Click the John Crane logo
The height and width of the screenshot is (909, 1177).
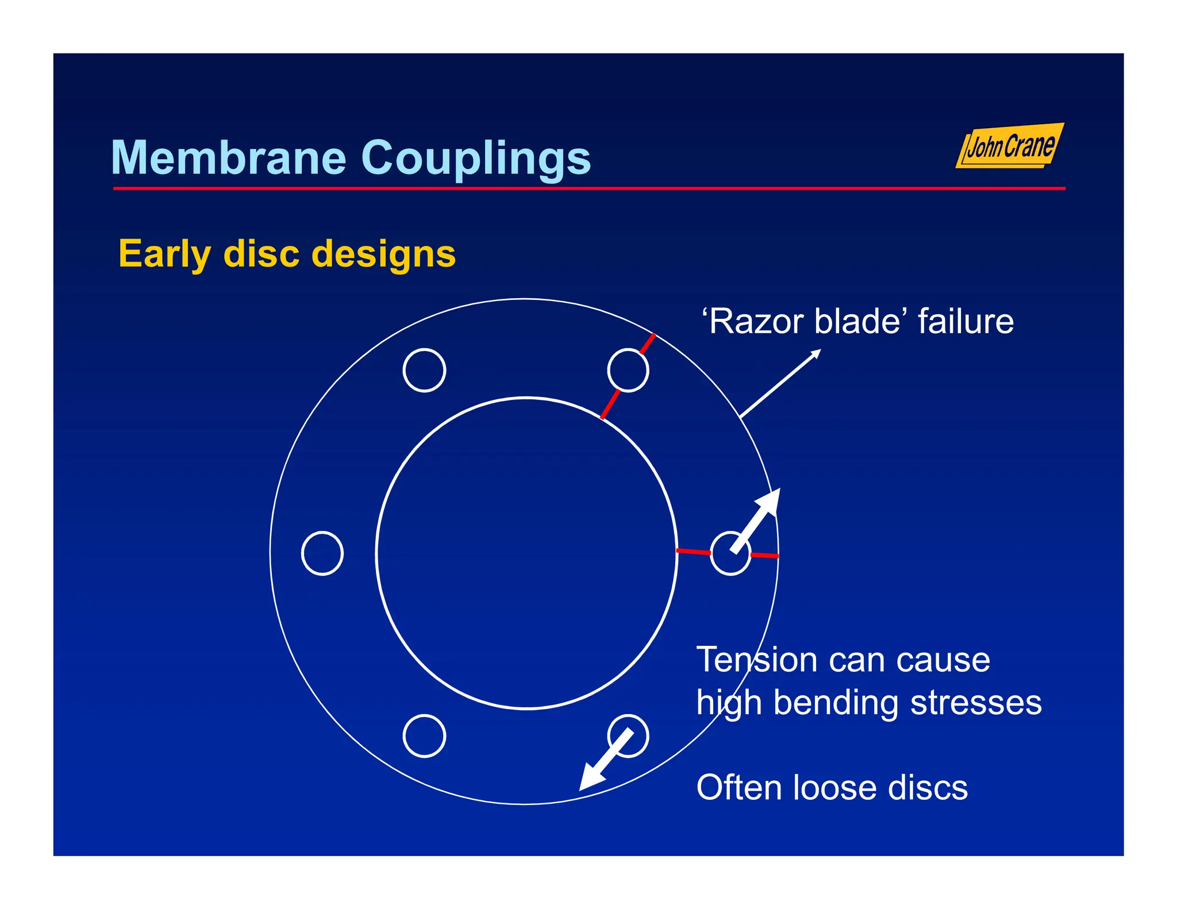coord(1010,146)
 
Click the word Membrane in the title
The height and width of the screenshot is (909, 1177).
coord(228,158)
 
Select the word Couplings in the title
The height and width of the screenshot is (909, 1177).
coord(475,159)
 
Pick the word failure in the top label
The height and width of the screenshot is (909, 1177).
coord(966,321)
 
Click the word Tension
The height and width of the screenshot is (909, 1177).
coord(756,660)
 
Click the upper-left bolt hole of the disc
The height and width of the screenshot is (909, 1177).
coord(424,371)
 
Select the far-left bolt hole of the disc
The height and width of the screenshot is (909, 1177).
coord(322,553)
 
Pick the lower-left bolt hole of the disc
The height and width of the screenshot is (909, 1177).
coord(424,736)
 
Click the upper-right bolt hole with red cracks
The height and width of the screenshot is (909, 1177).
coord(628,371)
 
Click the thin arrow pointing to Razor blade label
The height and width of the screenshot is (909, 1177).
coord(780,383)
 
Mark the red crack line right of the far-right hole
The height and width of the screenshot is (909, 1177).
coord(764,556)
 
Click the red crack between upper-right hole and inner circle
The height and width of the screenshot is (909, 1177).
coord(610,405)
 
